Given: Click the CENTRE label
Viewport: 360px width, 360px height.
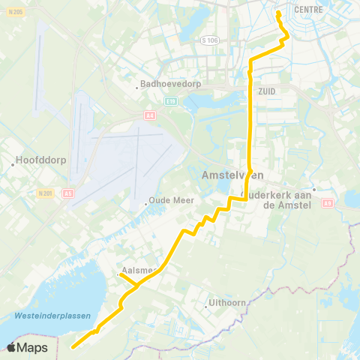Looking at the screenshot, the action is [309, 10].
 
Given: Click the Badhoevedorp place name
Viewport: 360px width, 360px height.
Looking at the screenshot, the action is [165, 85].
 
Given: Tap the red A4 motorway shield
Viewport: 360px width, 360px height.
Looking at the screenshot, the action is [149, 115].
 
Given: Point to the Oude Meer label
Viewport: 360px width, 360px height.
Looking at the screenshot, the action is [172, 200].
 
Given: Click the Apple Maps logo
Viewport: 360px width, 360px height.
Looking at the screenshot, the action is [28, 347].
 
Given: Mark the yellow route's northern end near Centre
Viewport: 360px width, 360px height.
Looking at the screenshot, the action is [278, 13].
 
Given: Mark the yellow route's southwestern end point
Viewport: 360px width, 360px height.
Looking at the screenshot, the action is [73, 346].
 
